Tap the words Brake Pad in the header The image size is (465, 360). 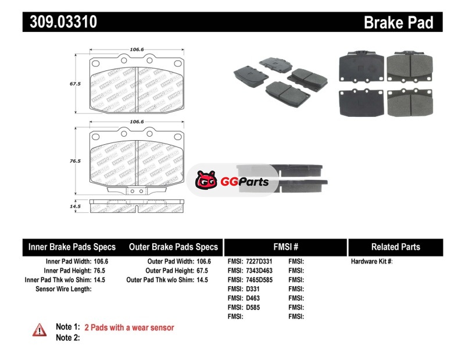click(x=398, y=23)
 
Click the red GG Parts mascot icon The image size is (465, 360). click(x=206, y=181)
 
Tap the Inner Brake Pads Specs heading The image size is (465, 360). click(x=72, y=247)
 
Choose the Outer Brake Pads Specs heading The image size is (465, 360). click(x=174, y=247)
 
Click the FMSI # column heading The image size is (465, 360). click(x=285, y=247)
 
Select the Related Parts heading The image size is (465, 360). click(x=395, y=247)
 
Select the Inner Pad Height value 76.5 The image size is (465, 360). click(x=101, y=270)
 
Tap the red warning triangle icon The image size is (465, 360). click(x=40, y=330)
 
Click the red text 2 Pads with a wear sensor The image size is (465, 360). click(x=129, y=327)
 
